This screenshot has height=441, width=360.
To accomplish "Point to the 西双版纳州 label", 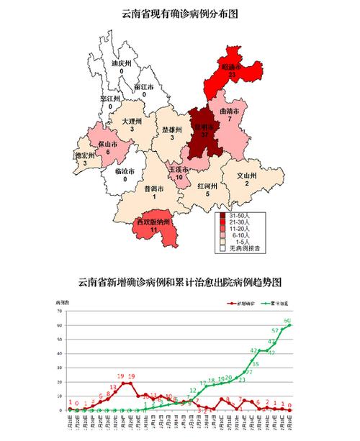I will tap(153, 222).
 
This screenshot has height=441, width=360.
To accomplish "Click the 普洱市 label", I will tap(153, 189).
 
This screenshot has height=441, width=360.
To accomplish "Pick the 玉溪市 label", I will tap(179, 169).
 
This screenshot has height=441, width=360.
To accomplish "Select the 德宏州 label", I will tap(85, 155).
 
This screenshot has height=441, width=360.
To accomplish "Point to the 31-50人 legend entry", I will tap(240, 215).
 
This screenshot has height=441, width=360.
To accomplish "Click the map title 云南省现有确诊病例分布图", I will tap(179, 13).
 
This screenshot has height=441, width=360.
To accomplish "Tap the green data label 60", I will tap(287, 319).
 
